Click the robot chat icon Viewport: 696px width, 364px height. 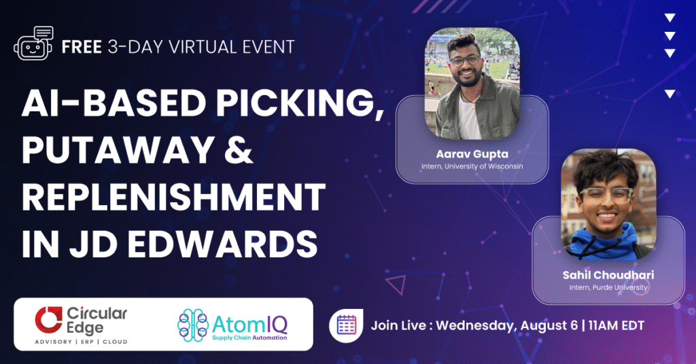coord(34,44)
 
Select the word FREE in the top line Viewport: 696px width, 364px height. coord(80,47)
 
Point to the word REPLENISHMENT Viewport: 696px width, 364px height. coord(173,197)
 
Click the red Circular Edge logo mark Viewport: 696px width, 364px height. coord(47,320)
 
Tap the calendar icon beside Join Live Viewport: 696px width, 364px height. coord(347,325)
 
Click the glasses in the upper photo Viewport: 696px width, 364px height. coord(465,61)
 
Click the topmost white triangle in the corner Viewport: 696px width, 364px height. coord(670,18)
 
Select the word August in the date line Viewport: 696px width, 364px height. coord(542,325)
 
